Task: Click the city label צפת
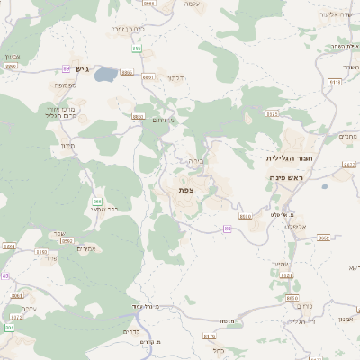click(186, 189)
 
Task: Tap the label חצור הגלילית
click(289, 157)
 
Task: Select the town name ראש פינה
click(288, 178)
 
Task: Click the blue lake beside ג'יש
click(104, 75)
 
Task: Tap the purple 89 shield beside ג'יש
click(66, 68)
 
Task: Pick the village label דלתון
click(176, 78)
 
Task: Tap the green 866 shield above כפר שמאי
click(96, 201)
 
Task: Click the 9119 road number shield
click(335, 82)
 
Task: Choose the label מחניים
click(347, 137)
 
